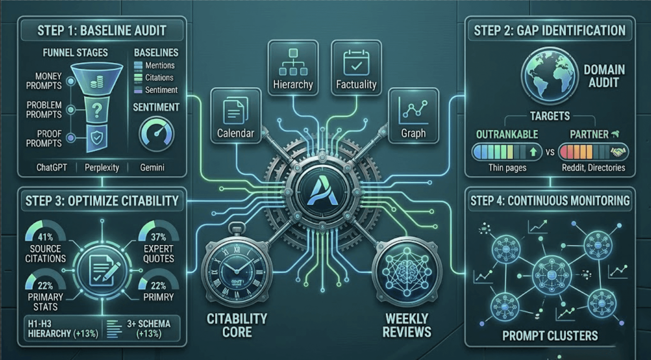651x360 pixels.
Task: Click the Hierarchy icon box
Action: pyautogui.click(x=293, y=68)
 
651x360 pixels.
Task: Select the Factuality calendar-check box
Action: pyautogui.click(x=356, y=68)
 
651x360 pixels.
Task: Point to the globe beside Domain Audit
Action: pyautogui.click(x=549, y=75)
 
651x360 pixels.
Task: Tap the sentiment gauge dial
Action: pyautogui.click(x=156, y=134)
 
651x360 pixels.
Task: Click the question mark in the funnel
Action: pyautogui.click(x=97, y=110)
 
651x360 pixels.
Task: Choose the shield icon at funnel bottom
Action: pyautogui.click(x=97, y=138)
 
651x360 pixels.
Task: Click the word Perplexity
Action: pyautogui.click(x=102, y=168)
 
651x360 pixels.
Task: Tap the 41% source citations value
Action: pyautogui.click(x=45, y=237)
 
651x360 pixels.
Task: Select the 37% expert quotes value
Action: pyautogui.click(x=158, y=237)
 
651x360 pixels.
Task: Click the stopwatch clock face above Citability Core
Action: pyautogui.click(x=237, y=271)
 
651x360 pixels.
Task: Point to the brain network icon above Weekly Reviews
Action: pyautogui.click(x=406, y=271)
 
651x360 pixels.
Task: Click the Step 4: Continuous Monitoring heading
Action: pyautogui.click(x=550, y=201)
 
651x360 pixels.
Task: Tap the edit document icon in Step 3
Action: pyautogui.click(x=102, y=270)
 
